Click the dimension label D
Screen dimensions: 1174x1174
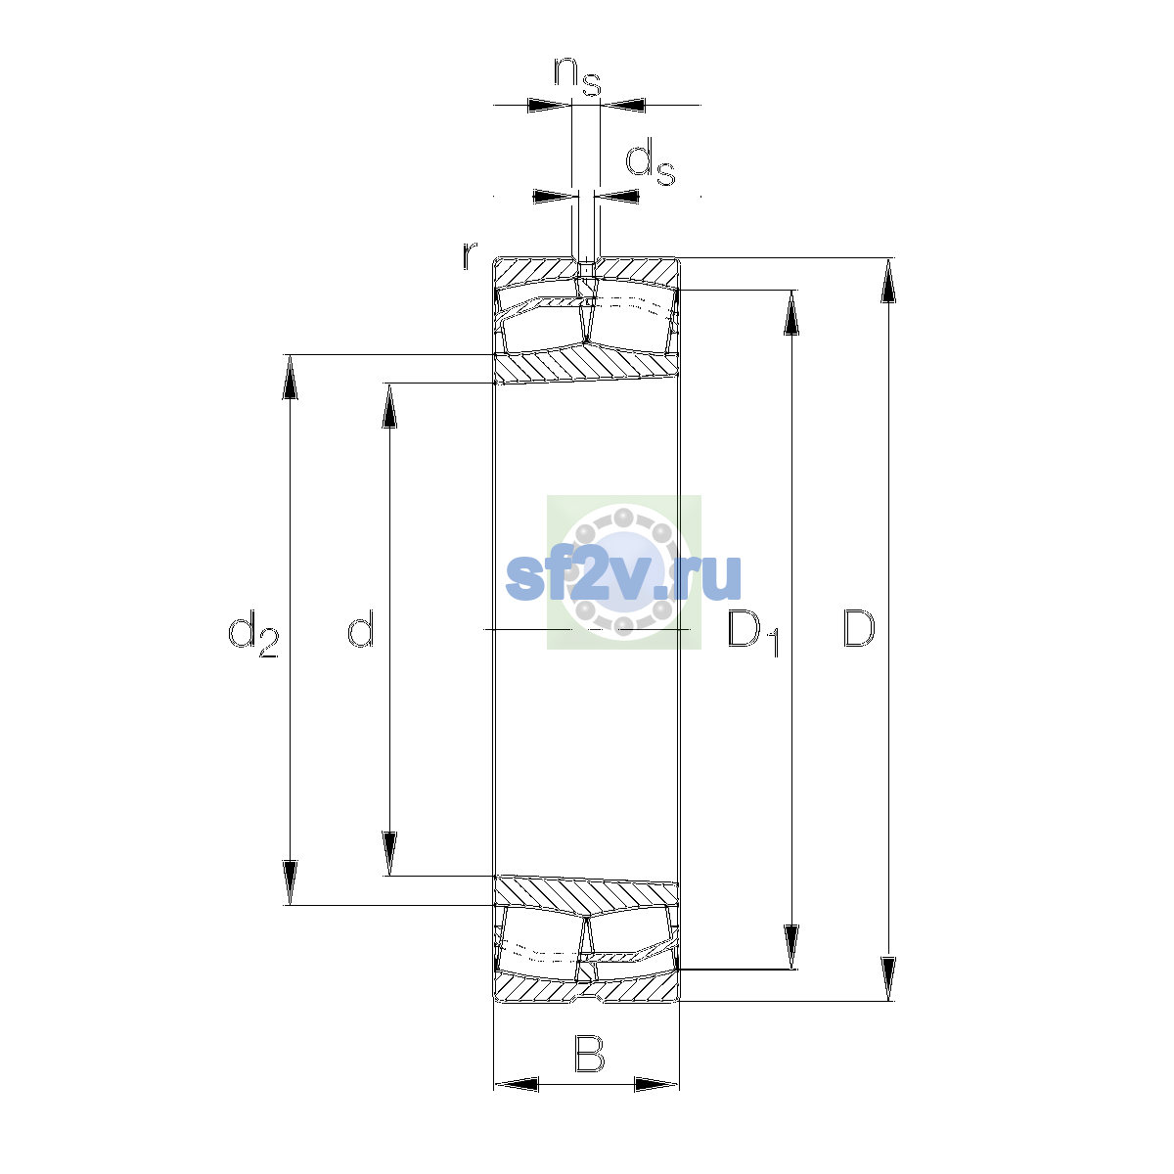[858, 629]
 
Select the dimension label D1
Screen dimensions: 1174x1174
[753, 633]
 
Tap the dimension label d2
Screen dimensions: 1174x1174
[253, 634]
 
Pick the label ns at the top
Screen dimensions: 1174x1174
[577, 76]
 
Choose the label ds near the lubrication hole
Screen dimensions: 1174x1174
[651, 161]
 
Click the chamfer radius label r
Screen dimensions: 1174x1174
[470, 255]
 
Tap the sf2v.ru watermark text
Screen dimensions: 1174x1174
[623, 577]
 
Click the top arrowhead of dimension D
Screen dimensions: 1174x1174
[888, 280]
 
